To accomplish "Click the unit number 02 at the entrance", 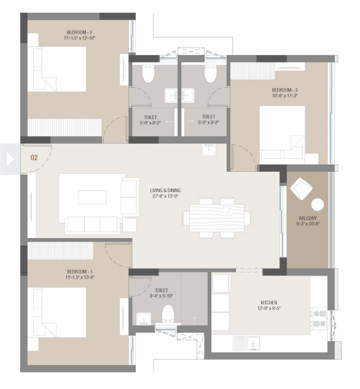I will pyautogui.click(x=34, y=158).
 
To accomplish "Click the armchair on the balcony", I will pyautogui.click(x=301, y=188).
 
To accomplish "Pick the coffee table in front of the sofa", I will pyautogui.click(x=92, y=197).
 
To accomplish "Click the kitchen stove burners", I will pyautogui.click(x=319, y=318).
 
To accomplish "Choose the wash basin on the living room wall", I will pyautogui.click(x=208, y=150).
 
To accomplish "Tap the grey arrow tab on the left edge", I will pyautogui.click(x=9, y=159).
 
